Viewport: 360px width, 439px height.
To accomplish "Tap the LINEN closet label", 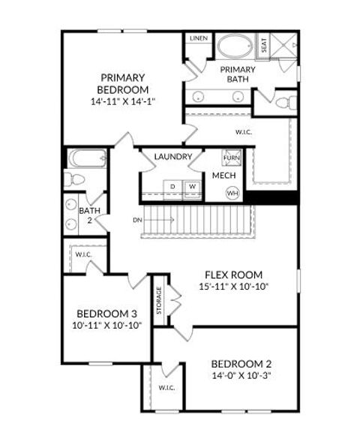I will (199, 38).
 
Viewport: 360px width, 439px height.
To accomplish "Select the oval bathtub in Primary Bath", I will (235, 47).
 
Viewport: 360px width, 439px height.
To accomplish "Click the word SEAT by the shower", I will (264, 46).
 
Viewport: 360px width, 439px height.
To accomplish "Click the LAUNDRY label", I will (174, 157).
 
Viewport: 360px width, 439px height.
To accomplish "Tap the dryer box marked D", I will (172, 185).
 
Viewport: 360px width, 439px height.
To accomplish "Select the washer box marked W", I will (192, 185).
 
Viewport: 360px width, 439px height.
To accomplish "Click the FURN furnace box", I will (232, 158).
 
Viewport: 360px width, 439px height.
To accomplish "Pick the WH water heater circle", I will (232, 192).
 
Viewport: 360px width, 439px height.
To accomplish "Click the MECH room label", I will (223, 176).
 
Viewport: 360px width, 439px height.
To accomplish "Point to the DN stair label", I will (137, 220).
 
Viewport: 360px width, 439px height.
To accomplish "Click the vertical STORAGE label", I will (158, 300).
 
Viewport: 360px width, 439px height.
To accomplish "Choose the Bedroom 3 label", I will (107, 314).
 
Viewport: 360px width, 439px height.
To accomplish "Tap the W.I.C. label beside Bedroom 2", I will (166, 387).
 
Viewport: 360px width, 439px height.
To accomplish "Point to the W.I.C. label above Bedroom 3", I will (83, 254).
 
